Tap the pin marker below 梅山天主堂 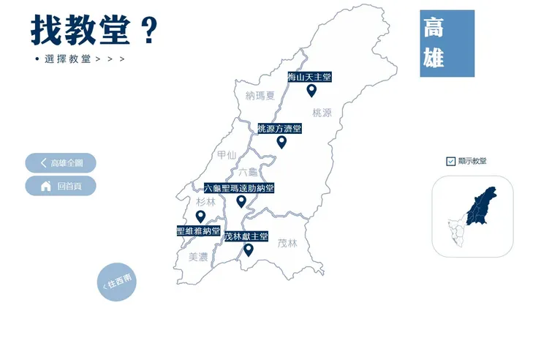coord(311,91)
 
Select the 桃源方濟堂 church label coord(279,129)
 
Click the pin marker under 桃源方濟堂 coord(281,142)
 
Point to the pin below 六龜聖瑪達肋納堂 coord(241,201)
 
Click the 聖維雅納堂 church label coord(198,230)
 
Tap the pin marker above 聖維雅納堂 coord(200,216)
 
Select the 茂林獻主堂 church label coord(246,237)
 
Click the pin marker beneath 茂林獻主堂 coord(249,250)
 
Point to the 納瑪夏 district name coord(260,95)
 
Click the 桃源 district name coord(322,113)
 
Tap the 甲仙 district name coord(227,154)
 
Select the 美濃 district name coord(198,257)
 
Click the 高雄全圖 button coord(61,163)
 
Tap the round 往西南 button coord(117,281)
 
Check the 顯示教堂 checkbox coord(450,161)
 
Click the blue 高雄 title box coord(447,43)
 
